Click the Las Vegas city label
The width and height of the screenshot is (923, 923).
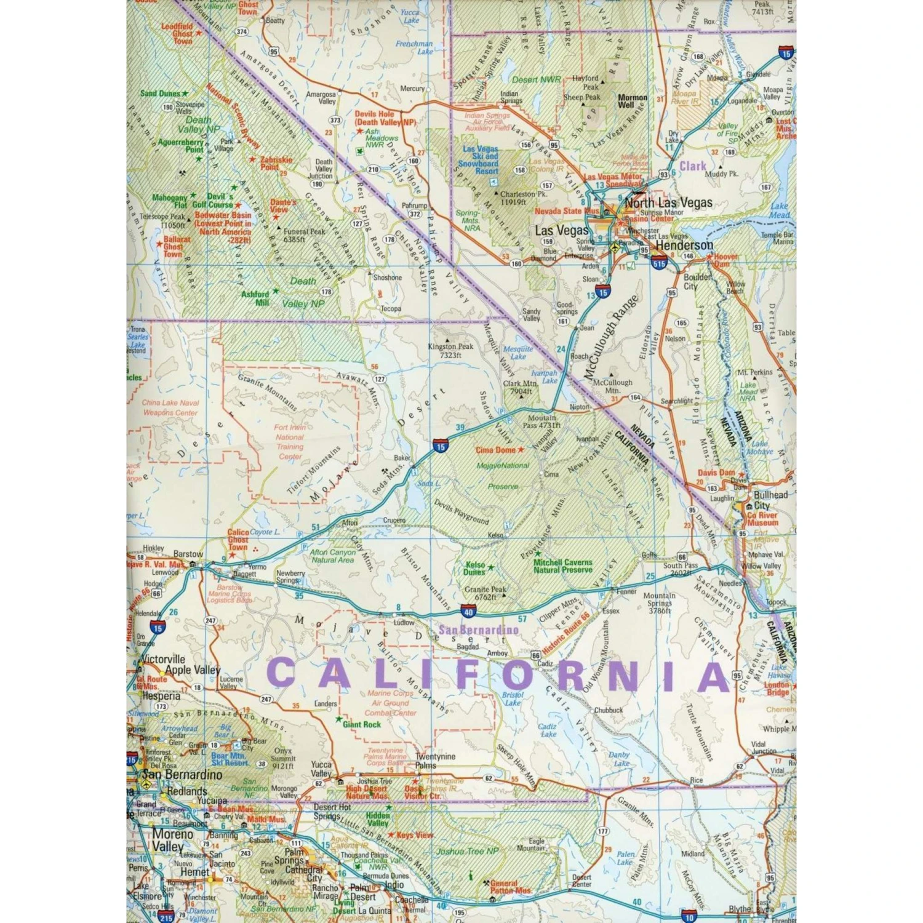562,230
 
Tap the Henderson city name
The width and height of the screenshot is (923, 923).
684,245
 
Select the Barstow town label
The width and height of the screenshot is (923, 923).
188,554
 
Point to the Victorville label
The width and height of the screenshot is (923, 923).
163,659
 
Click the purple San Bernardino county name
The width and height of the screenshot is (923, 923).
478,629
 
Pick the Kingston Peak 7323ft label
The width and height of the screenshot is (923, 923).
450,351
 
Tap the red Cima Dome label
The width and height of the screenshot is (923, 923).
496,450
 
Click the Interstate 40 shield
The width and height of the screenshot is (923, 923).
469,611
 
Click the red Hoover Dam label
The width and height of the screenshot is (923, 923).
725,260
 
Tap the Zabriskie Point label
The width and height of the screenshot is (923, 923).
276,163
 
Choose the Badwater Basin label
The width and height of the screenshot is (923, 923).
223,223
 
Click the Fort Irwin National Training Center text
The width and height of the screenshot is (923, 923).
289,442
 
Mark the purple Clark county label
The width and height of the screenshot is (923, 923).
692,166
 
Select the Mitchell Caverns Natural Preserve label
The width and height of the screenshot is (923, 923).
562,566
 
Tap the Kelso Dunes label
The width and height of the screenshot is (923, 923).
474,568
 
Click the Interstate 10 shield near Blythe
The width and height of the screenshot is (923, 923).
689,917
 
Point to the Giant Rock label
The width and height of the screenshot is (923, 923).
362,724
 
